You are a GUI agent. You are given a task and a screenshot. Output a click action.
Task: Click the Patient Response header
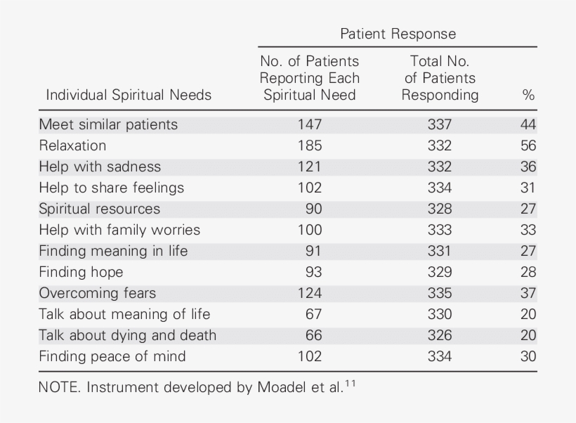[x=398, y=34]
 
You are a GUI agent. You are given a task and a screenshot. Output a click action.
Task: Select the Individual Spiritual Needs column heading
[x=129, y=95]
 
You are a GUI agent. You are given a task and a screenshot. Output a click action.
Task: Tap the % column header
[x=528, y=95]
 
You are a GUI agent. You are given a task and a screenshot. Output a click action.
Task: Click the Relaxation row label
[x=72, y=145]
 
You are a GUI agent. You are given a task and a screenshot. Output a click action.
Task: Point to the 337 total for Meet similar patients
[x=440, y=124]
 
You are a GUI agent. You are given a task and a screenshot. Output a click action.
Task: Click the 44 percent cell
[x=528, y=124]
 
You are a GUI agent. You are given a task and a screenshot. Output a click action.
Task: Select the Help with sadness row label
[x=100, y=167]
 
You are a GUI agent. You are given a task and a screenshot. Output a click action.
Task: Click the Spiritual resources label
[x=99, y=209]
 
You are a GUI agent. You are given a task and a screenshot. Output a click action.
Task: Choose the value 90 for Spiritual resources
[x=313, y=209]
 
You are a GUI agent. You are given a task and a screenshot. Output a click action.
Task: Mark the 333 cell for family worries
[x=440, y=230]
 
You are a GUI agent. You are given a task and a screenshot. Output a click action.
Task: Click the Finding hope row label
[x=81, y=272]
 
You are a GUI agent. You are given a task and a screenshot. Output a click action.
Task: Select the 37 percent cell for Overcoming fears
[x=528, y=293]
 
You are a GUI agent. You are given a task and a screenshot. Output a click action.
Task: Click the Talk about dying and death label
[x=127, y=335]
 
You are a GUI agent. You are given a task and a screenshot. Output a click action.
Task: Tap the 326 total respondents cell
[x=440, y=335]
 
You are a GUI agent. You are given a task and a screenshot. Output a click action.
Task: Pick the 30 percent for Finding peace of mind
[x=528, y=356]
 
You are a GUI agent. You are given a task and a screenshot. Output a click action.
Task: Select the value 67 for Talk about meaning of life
[x=313, y=314]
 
